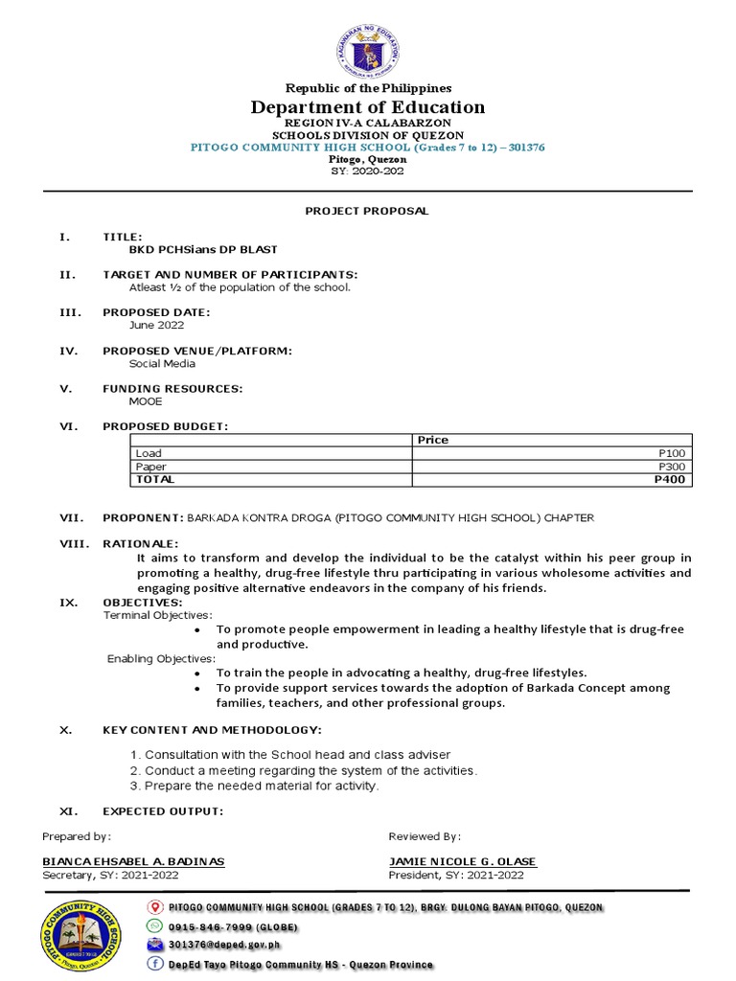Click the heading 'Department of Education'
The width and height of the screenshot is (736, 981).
click(x=368, y=107)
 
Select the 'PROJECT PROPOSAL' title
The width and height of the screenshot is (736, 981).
click(x=367, y=211)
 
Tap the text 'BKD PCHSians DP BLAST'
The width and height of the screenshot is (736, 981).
click(x=203, y=249)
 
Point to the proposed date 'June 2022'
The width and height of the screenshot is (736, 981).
click(x=157, y=325)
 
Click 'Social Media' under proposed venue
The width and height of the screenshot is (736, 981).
click(x=162, y=363)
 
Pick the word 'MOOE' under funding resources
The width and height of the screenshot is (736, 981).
click(x=146, y=401)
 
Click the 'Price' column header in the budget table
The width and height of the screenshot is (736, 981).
click(x=432, y=440)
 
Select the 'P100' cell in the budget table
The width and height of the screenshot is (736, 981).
click(x=672, y=453)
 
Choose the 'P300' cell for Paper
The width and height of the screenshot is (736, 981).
click(x=672, y=467)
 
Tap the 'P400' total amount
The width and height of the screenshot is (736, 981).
click(x=670, y=479)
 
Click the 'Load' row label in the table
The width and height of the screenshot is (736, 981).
click(x=149, y=453)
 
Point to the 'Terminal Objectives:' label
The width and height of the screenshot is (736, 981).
click(x=158, y=615)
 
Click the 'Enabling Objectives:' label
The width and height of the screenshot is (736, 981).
click(x=161, y=658)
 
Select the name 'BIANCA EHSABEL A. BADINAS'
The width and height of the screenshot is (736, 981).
click(x=133, y=861)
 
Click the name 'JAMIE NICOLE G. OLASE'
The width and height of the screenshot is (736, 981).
click(x=462, y=861)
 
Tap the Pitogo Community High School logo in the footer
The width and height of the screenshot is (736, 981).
click(x=82, y=936)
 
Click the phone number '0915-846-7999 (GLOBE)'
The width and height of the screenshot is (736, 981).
click(x=232, y=927)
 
